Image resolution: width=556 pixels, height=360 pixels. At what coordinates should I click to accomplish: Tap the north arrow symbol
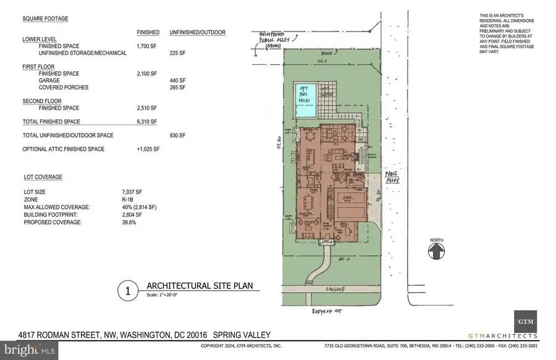(x=437, y=251)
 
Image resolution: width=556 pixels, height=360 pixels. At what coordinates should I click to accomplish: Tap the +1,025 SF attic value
(x=147, y=149)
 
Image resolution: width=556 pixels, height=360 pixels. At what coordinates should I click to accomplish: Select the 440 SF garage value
(x=178, y=80)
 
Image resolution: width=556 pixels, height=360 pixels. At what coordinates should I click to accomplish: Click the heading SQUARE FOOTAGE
(x=45, y=19)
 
